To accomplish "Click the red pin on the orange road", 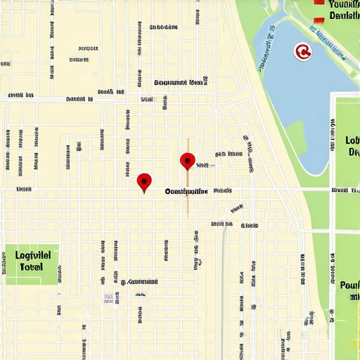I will coord(187,161).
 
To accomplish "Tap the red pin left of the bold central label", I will coord(144,182).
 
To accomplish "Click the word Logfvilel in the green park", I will coord(33,255).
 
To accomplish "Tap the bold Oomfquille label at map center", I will coord(186,191).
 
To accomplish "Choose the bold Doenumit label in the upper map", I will coord(179,82).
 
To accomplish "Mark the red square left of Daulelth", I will coord(320,19).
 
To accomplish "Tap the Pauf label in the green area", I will coord(349,285).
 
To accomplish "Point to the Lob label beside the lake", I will coord(352,140).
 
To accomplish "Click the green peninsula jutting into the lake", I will coord(295,134).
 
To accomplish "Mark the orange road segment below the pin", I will coord(188,200).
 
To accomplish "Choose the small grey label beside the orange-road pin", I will coord(203,165).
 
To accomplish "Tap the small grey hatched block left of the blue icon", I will coord(108,298).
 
